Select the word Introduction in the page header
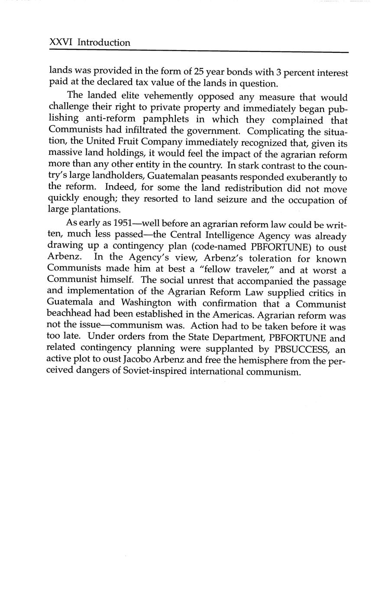pos(104,43)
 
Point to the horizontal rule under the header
pos(199,52)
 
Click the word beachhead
pos(71,315)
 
